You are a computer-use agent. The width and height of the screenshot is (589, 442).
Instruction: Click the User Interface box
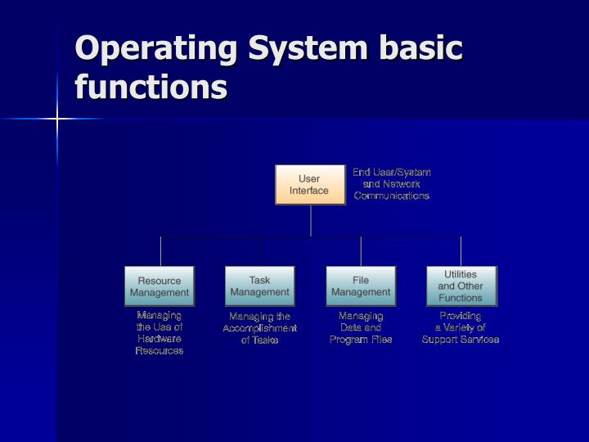click(x=309, y=184)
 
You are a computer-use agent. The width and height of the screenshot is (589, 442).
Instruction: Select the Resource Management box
click(x=160, y=286)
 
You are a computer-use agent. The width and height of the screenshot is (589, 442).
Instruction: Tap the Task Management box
click(x=259, y=286)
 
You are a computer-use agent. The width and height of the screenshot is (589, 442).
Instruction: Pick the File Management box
click(x=361, y=286)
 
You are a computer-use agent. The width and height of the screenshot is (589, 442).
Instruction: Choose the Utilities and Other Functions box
click(x=461, y=286)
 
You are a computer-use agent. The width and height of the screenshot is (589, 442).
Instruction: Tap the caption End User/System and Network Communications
click(x=391, y=184)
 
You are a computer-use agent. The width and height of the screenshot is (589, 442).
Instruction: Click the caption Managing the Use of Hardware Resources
click(x=160, y=332)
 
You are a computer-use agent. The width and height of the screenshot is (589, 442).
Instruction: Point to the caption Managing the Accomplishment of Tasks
click(x=259, y=328)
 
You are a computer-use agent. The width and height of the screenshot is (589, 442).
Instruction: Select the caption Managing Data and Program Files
click(x=361, y=327)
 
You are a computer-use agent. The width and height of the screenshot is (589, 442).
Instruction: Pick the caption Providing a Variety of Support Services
click(x=461, y=327)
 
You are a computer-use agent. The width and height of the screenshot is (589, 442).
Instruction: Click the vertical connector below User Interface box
click(x=311, y=220)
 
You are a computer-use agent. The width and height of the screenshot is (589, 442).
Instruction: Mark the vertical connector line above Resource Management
click(x=160, y=251)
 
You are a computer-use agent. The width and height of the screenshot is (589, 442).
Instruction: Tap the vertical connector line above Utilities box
click(x=461, y=251)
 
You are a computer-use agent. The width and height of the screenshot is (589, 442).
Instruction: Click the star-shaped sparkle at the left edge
click(x=57, y=120)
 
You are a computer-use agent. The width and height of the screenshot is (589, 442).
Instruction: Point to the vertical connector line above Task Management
click(x=260, y=251)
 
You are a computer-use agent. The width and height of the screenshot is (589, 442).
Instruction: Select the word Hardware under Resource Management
click(x=160, y=339)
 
